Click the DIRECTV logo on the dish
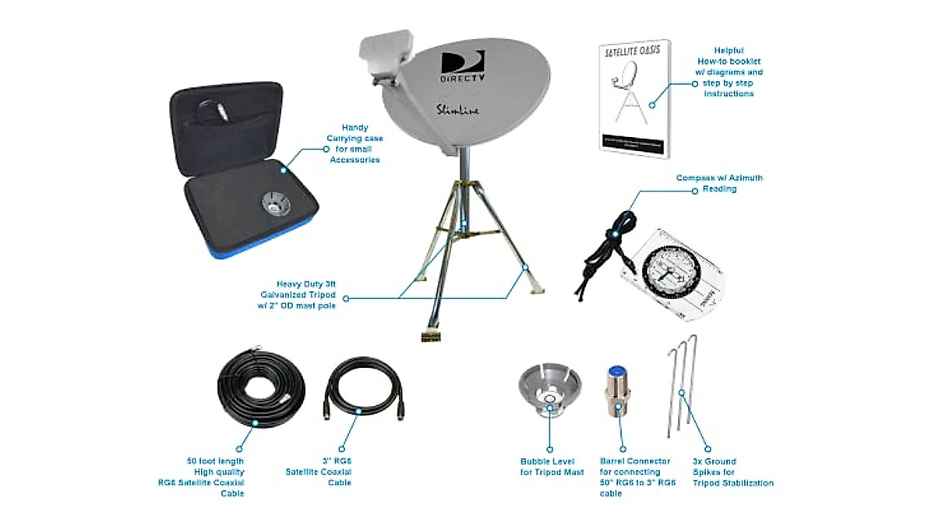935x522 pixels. tap(464, 66)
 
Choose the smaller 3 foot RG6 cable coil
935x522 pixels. tap(362, 390)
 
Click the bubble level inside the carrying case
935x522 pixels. tap(276, 204)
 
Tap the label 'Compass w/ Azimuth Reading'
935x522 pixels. tap(721, 183)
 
